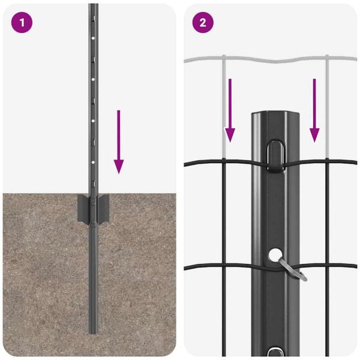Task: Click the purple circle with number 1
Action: tap(21, 23)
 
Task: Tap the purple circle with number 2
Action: tap(203, 23)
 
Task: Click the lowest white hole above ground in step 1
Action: tap(93, 162)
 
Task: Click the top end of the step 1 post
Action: tap(93, 5)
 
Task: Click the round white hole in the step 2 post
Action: tap(277, 255)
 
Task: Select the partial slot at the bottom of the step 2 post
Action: tap(277, 353)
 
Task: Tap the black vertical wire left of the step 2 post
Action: tap(223, 240)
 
